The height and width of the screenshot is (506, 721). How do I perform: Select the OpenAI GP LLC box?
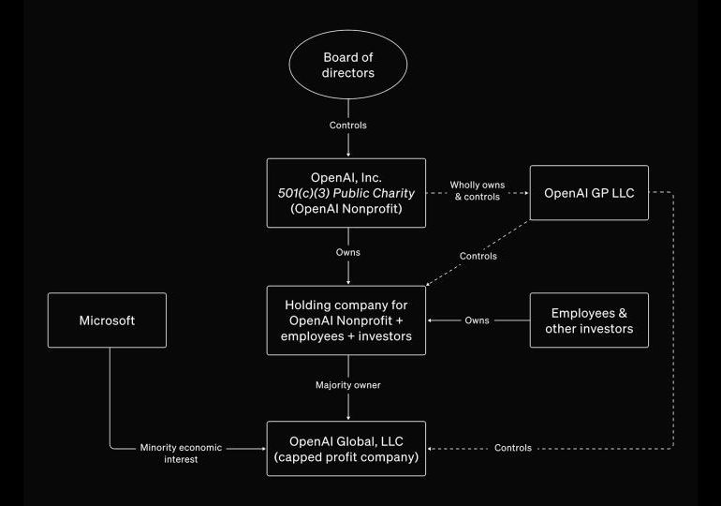click(589, 192)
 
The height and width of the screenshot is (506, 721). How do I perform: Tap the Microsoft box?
click(106, 320)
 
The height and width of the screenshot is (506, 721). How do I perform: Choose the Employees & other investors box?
click(589, 320)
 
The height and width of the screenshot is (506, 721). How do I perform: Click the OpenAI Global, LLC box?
click(348, 448)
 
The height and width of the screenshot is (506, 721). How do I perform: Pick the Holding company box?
click(348, 320)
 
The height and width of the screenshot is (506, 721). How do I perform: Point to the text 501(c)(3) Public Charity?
click(348, 192)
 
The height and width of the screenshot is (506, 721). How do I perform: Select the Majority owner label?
click(348, 385)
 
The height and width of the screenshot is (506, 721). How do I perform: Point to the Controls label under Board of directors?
click(348, 125)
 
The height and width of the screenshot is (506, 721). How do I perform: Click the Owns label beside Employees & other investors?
click(477, 320)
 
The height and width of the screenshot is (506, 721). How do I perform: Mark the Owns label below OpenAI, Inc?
click(348, 253)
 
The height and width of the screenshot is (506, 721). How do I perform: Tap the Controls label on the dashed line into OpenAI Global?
click(513, 448)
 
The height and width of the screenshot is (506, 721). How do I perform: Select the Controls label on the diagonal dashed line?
click(479, 256)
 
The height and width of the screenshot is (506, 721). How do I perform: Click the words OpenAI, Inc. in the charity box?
click(348, 176)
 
